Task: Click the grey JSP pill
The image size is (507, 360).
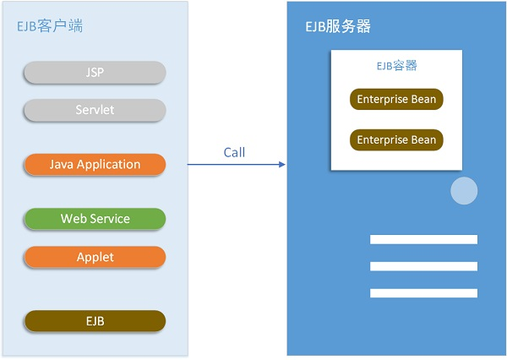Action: pyautogui.click(x=95, y=73)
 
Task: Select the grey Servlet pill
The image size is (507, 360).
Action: pyautogui.click(x=95, y=110)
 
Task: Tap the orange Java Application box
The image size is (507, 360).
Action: pyautogui.click(x=95, y=164)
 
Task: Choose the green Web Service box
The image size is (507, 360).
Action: pyautogui.click(x=95, y=219)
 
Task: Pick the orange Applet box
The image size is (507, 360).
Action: pyautogui.click(x=95, y=257)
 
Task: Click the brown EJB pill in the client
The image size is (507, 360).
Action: pyautogui.click(x=95, y=321)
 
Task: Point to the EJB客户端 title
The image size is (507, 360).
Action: pyautogui.click(x=50, y=26)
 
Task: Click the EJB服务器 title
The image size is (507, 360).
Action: pyautogui.click(x=338, y=26)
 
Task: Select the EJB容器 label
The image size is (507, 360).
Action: pyautogui.click(x=396, y=65)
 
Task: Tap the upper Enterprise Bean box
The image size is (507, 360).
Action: pyautogui.click(x=396, y=100)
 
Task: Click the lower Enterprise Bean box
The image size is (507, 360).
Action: pyautogui.click(x=396, y=139)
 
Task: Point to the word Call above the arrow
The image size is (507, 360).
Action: pyautogui.click(x=234, y=152)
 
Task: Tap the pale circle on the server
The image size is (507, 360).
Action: pyautogui.click(x=464, y=191)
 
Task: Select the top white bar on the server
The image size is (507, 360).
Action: pyautogui.click(x=423, y=239)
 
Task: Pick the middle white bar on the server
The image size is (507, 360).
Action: pyautogui.click(x=423, y=266)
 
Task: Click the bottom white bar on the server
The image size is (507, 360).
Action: pyautogui.click(x=423, y=293)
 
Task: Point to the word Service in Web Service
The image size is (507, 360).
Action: pyautogui.click(x=111, y=219)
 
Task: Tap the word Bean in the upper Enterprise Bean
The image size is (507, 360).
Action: pyautogui.click(x=422, y=100)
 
